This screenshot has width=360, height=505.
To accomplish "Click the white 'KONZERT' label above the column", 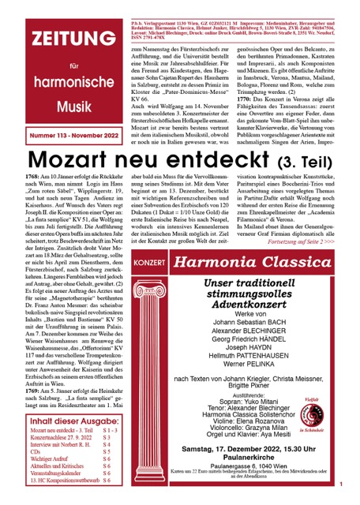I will pyautogui.click(x=151, y=261).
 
